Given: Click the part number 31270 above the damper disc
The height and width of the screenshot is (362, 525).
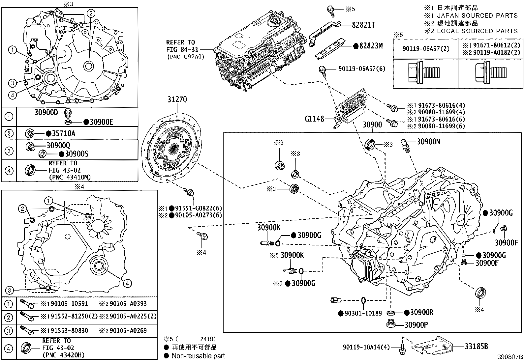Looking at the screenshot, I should [x=177, y=99].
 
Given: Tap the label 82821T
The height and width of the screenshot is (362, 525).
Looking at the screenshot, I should [x=363, y=25].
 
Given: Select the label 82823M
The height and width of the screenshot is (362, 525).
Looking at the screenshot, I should [x=371, y=46].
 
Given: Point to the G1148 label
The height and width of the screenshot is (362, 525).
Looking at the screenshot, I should [x=315, y=119].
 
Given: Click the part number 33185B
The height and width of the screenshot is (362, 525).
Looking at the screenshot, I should [x=477, y=346].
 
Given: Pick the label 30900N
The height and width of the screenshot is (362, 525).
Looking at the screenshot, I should [x=428, y=142].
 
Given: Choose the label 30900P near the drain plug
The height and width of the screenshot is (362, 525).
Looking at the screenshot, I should [x=416, y=325].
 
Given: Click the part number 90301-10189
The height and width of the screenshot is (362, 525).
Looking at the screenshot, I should [x=363, y=313].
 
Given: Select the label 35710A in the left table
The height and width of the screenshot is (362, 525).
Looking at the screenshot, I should [x=64, y=133].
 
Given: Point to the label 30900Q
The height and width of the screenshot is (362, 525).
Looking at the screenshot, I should [x=58, y=145].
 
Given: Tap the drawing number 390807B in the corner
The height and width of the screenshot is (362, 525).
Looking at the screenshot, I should [x=510, y=357].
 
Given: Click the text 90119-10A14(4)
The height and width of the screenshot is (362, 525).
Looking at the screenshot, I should [x=366, y=347].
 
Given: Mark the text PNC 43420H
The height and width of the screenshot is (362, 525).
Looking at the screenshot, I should [x=64, y=355].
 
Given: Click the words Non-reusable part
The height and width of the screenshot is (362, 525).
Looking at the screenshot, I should [x=198, y=356].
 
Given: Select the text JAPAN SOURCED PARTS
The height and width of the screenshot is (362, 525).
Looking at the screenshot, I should [x=477, y=15].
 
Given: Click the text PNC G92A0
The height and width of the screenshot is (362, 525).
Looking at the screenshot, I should [x=186, y=57].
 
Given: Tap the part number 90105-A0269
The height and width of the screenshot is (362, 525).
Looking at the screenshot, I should [x=128, y=330].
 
